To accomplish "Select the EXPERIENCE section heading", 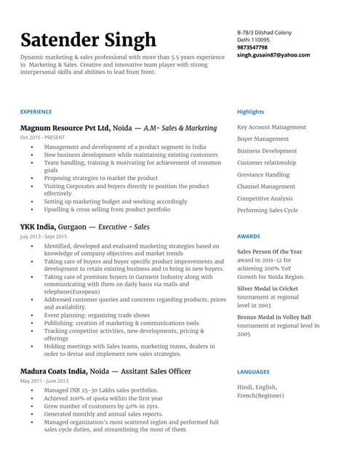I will [36, 112].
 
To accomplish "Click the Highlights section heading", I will [250, 112].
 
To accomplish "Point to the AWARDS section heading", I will [249, 237].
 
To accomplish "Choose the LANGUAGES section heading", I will [253, 372].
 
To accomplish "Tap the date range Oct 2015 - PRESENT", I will [42, 137].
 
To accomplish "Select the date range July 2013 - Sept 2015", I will [44, 237].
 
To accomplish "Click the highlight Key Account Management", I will [271, 127].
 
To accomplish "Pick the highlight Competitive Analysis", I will [265, 198].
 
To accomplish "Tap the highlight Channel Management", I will [266, 187].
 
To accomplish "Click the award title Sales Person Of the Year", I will [269, 251].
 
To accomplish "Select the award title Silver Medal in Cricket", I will [267, 288].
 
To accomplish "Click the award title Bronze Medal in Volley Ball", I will [273, 318].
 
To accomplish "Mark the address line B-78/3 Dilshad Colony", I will [264, 33].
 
